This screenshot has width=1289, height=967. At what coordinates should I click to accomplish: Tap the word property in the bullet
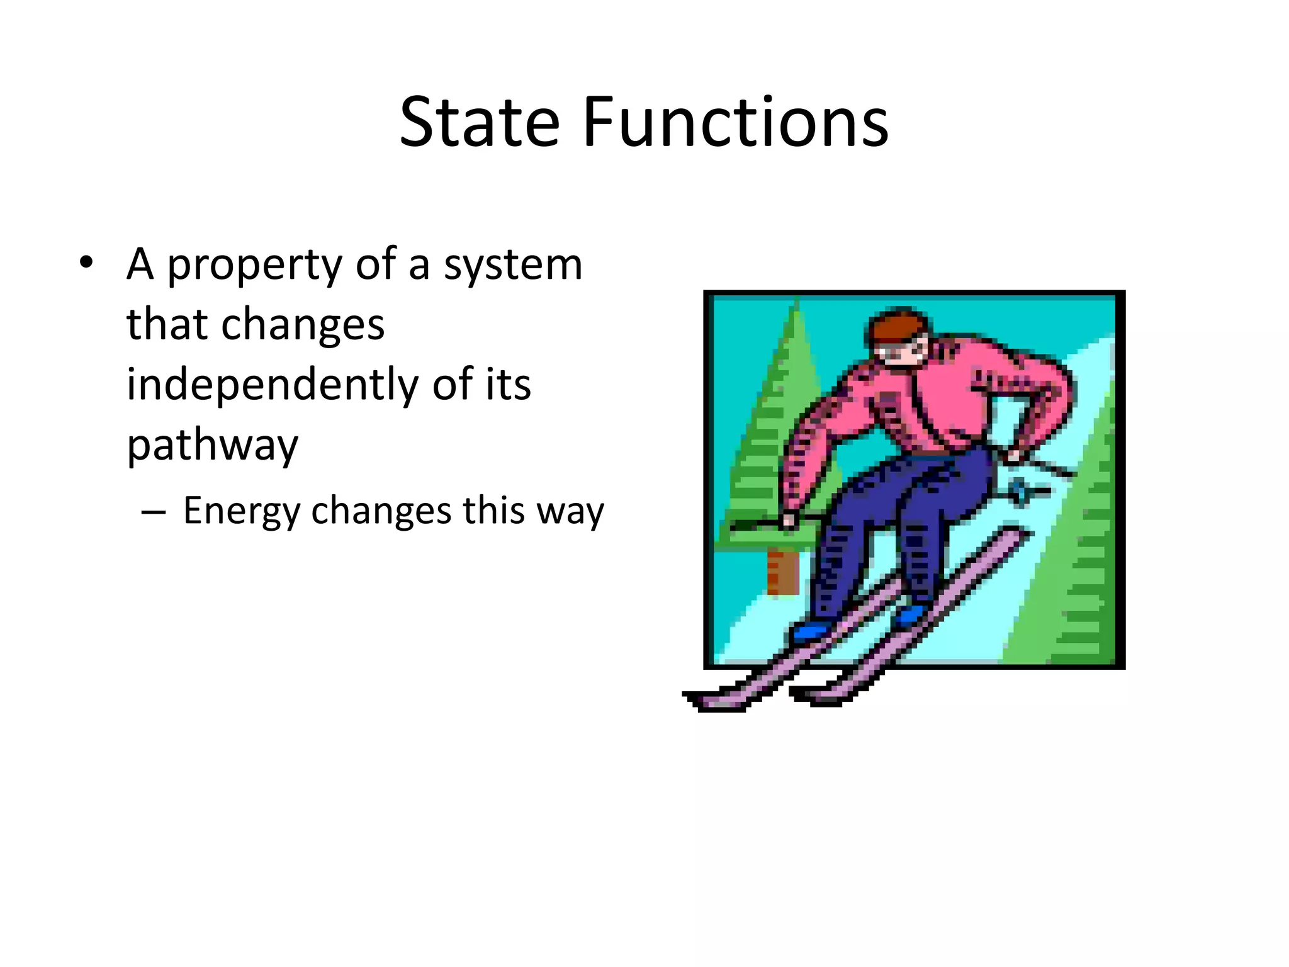pos(254,266)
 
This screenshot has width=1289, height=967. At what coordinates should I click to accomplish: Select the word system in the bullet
pos(513,266)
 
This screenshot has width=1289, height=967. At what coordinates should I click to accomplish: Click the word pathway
pos(212,446)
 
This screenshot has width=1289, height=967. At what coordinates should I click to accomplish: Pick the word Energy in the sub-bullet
pos(242,511)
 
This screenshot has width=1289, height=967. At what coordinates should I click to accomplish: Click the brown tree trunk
pos(782,572)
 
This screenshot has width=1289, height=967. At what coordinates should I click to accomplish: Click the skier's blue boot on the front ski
pos(812,630)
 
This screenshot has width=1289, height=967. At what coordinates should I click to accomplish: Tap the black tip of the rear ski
pos(799,693)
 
